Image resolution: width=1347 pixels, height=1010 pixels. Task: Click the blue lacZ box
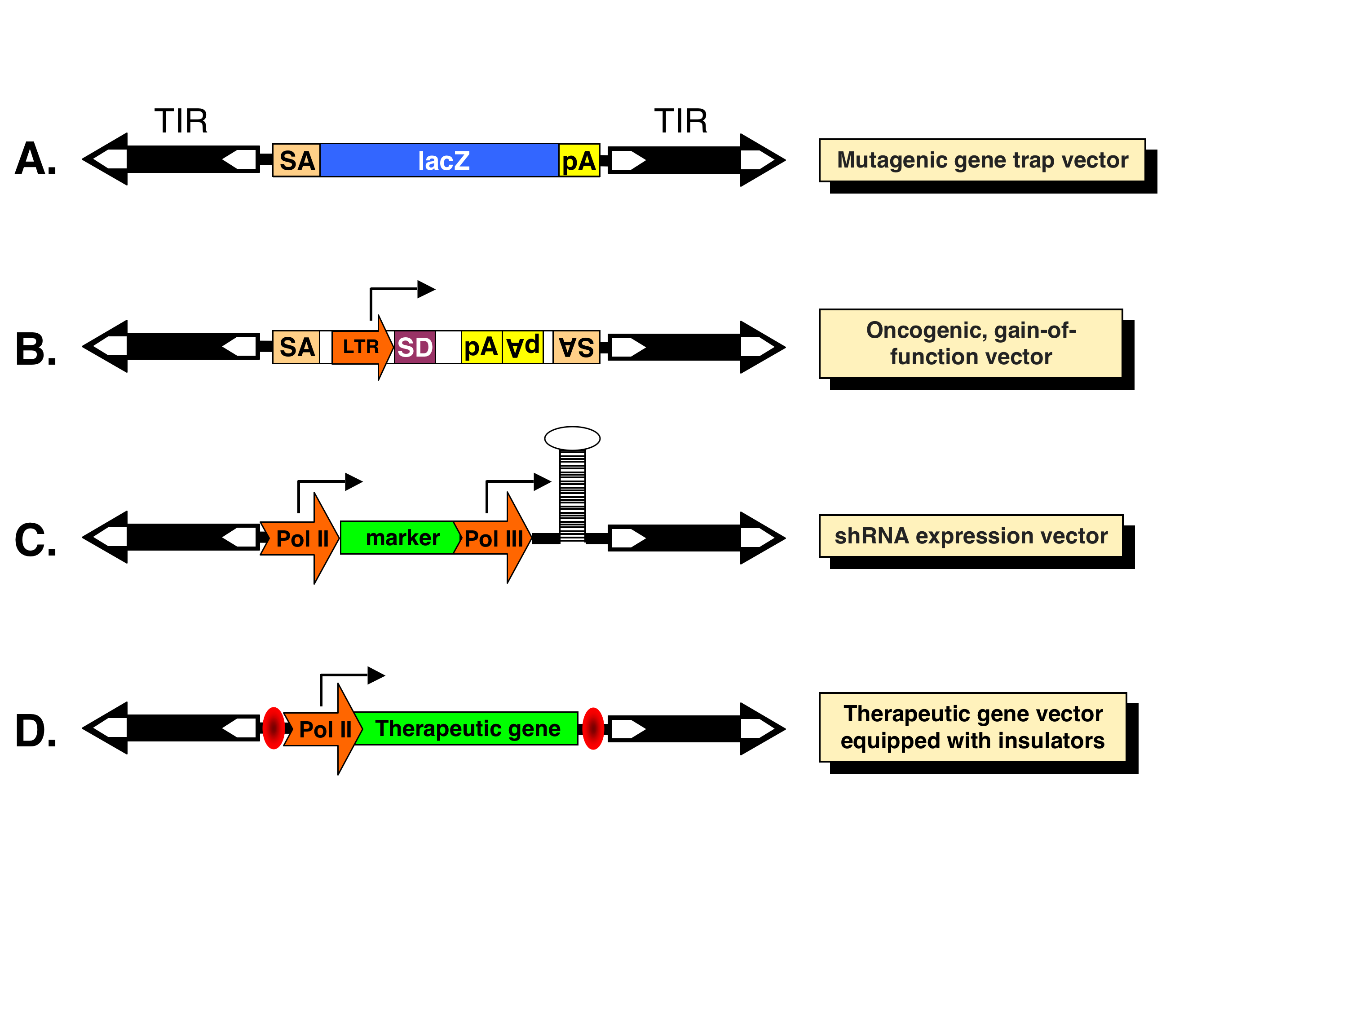[x=439, y=160]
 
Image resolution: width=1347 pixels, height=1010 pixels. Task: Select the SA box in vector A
[x=296, y=160]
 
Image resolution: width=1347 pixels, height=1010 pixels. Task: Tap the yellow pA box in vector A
[x=579, y=160]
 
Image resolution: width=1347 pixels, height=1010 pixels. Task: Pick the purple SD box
[x=415, y=347]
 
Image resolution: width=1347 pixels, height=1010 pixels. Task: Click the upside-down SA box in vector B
[x=576, y=347]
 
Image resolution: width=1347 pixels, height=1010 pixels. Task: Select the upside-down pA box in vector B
[x=522, y=347]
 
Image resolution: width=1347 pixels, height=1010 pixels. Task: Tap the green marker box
[x=399, y=538]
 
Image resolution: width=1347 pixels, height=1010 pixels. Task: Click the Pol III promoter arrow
[x=493, y=538]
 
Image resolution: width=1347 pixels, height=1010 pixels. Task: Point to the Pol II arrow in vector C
[x=300, y=538]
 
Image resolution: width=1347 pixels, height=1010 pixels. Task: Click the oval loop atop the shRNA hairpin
[x=572, y=438]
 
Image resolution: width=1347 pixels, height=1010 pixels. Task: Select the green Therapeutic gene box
[x=467, y=728]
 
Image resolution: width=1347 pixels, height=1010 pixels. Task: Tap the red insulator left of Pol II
[x=274, y=728]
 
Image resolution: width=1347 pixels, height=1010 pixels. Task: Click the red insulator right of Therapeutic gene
[x=593, y=728]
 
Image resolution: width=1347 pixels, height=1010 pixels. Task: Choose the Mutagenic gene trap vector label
[x=982, y=160]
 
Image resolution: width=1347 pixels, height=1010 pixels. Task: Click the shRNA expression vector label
[x=971, y=536]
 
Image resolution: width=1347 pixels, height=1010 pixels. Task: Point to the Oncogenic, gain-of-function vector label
[x=971, y=344]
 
